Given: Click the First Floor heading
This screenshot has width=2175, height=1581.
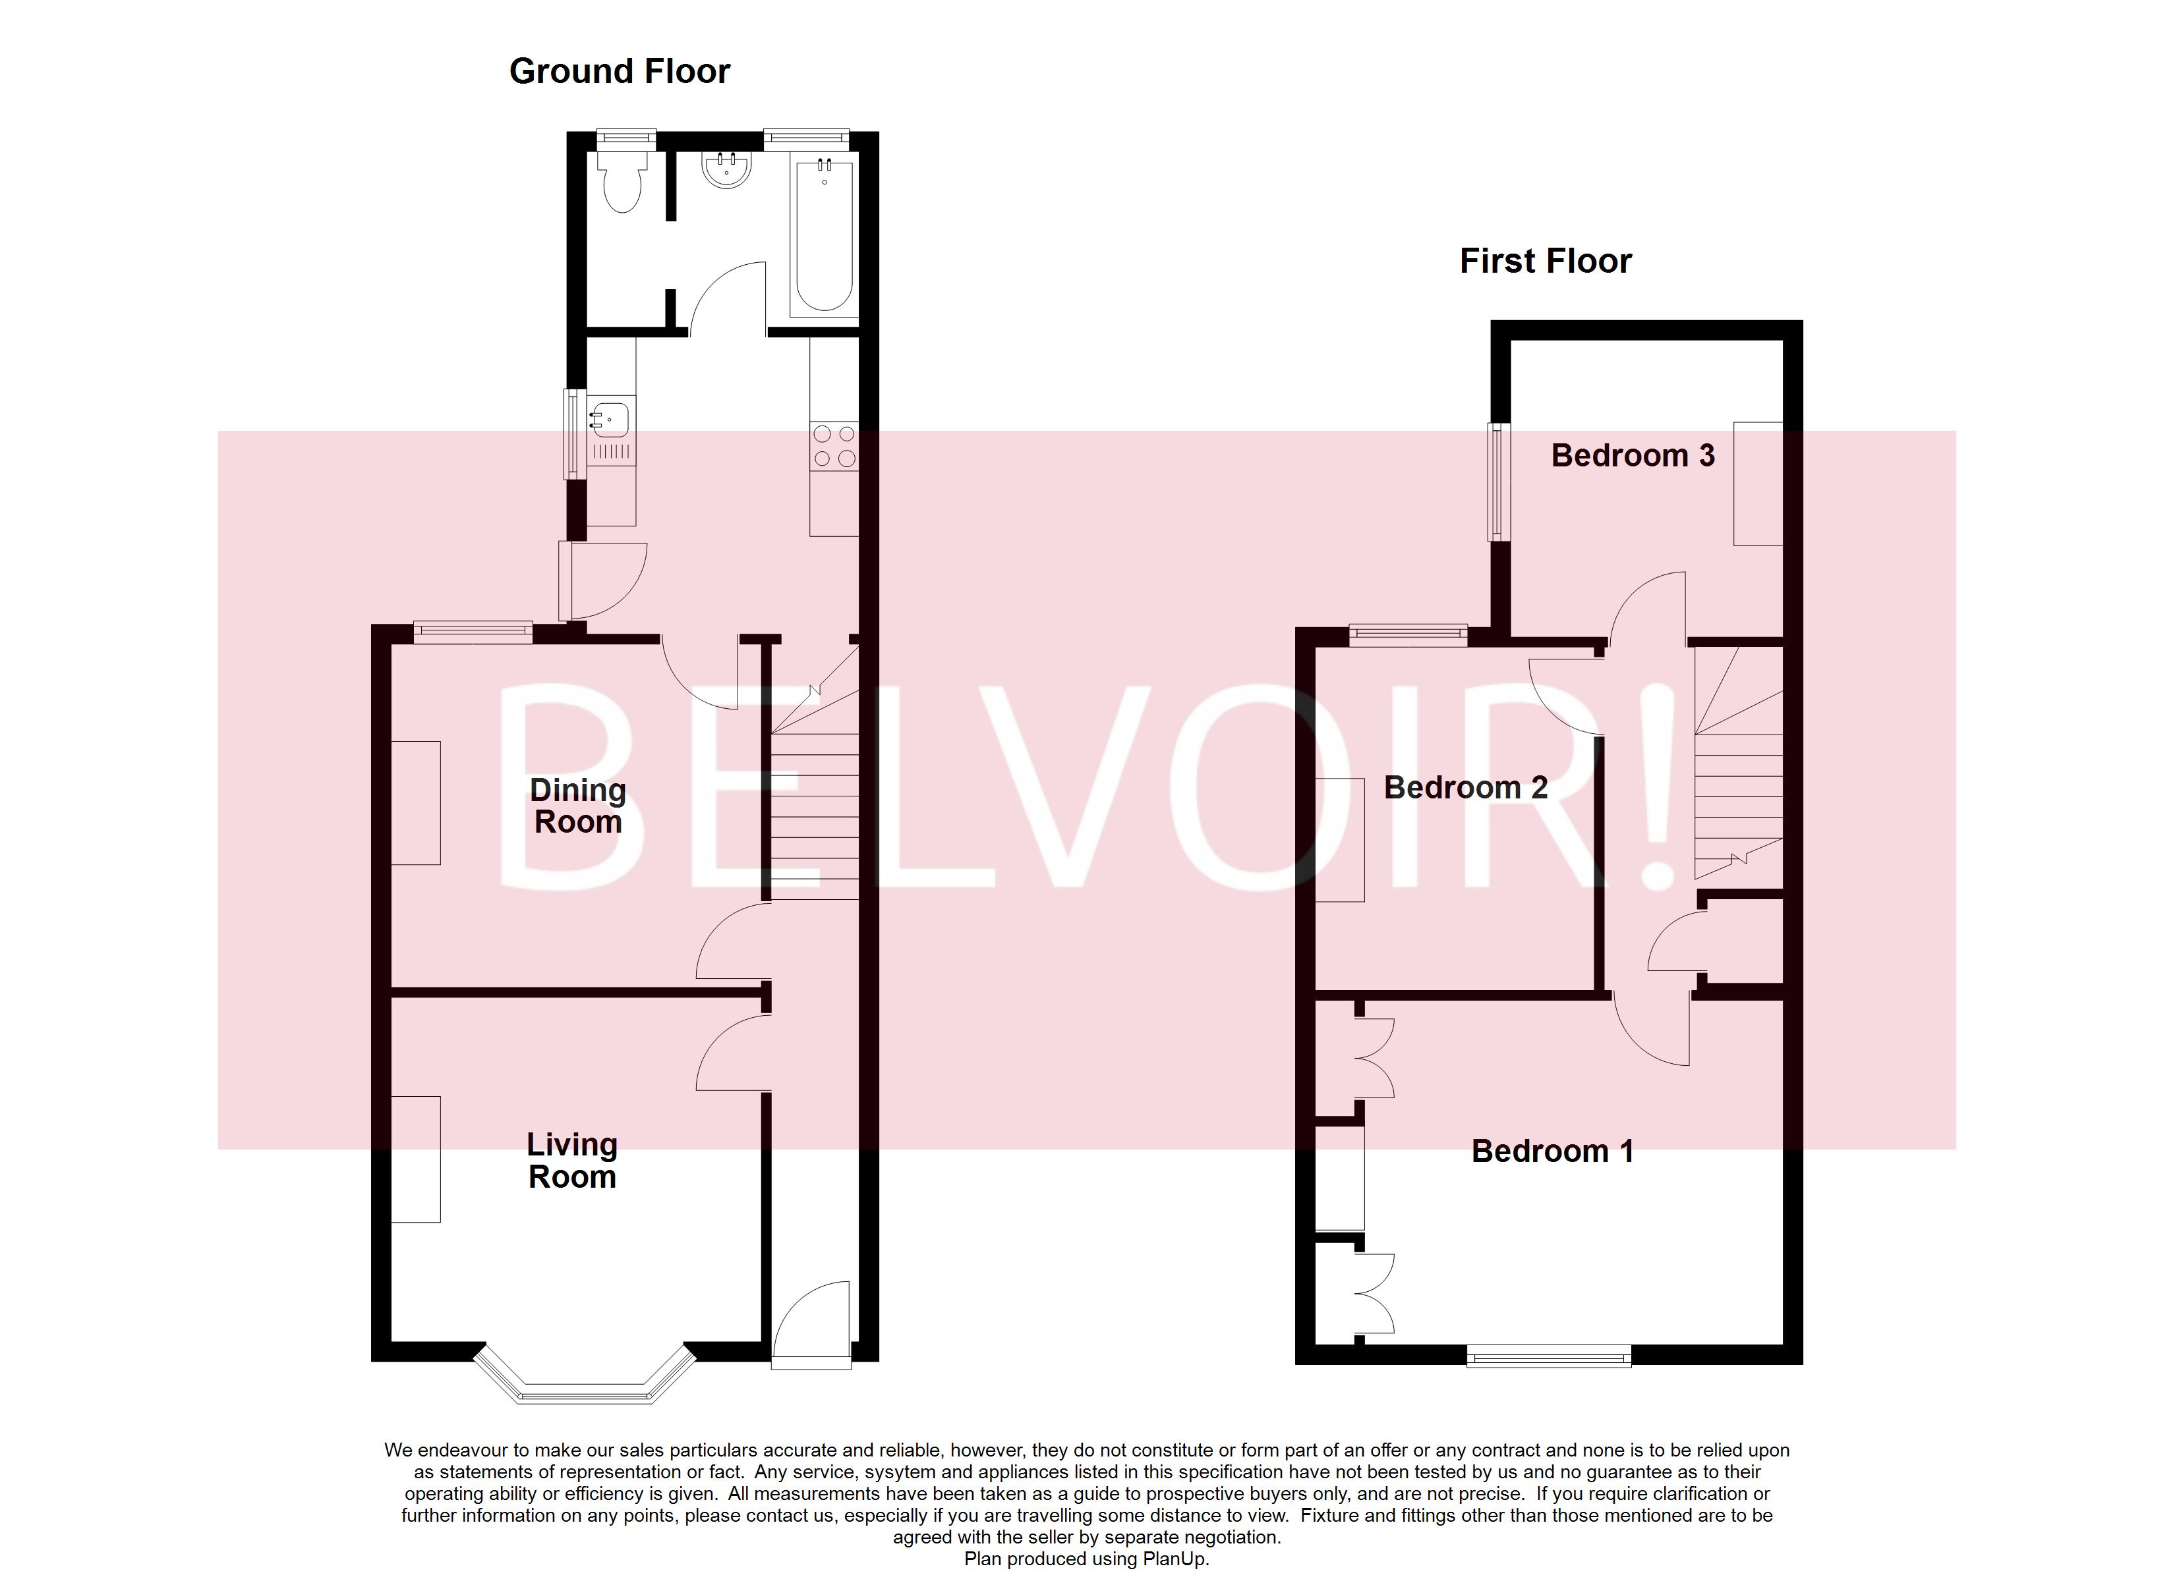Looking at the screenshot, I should [x=1545, y=262].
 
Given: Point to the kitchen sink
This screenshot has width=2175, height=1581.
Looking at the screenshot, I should [x=609, y=420].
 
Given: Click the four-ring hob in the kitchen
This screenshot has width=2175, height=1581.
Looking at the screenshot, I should [x=833, y=447].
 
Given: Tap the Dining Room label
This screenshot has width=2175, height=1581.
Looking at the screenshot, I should [x=577, y=806].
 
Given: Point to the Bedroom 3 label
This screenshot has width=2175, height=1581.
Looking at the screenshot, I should [x=1632, y=455].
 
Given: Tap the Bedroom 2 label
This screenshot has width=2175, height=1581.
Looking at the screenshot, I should [x=1464, y=788].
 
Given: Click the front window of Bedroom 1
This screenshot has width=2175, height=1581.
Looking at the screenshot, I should [x=1549, y=1356].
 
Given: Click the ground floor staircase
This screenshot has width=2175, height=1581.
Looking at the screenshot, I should [x=815, y=796].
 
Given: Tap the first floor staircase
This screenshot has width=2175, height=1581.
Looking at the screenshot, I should [x=1738, y=786].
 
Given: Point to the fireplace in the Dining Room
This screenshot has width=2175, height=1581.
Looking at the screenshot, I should [x=416, y=802].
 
